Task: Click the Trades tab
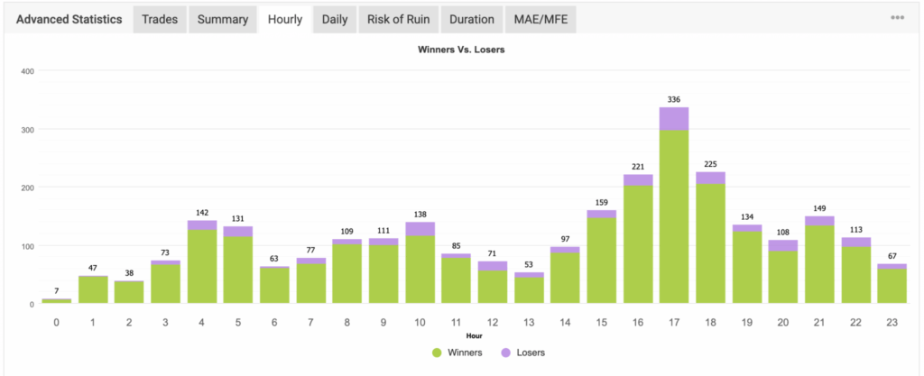[160, 20]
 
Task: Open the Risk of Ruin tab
[398, 20]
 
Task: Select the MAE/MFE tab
[541, 20]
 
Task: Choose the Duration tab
[471, 20]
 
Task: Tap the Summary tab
[223, 20]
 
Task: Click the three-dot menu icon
[898, 18]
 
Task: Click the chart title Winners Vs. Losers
[461, 50]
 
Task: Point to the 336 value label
[674, 99]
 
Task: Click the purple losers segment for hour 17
[674, 118]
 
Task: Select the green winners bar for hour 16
[638, 244]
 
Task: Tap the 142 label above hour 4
[202, 213]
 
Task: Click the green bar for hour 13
[529, 290]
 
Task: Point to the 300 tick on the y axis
[29, 129]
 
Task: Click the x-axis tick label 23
[892, 322]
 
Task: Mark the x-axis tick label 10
[420, 322]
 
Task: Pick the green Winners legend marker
[437, 353]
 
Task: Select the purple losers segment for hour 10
[420, 229]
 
